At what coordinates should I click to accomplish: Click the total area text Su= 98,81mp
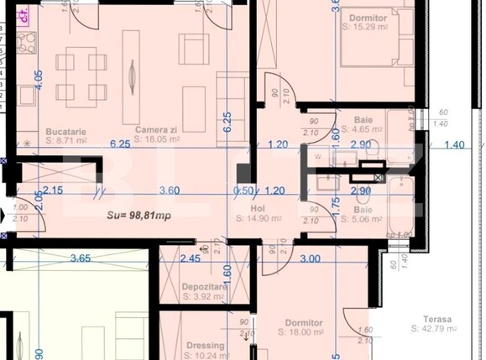point(139,215)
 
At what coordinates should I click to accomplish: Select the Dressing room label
point(205,345)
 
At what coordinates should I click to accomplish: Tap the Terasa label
point(438,320)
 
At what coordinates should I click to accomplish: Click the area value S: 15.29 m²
point(368,27)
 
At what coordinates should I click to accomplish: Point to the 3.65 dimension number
point(81,258)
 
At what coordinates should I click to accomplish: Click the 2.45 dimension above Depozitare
point(191,258)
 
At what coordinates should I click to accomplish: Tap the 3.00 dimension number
point(309,258)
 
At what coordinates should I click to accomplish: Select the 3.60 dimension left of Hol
point(170,190)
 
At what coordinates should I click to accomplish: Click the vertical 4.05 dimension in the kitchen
point(38,82)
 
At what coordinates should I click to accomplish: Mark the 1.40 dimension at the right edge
point(454,144)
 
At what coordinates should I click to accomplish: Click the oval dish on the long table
point(132,75)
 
